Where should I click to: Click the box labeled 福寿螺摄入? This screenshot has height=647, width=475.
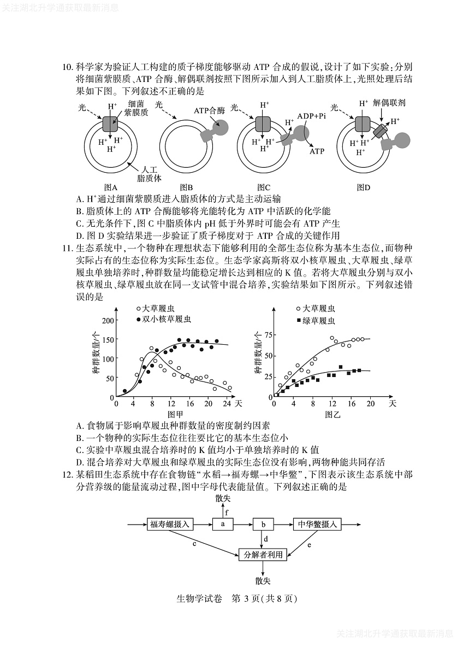pos(170,524)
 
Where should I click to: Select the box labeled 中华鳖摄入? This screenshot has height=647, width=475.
pos(317,524)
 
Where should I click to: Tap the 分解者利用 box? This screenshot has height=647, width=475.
pos(263,554)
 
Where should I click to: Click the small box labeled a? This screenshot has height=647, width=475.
pos(223,524)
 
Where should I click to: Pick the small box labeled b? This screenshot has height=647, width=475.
pos(263,524)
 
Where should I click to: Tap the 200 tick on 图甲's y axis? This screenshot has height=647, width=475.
pos(108,321)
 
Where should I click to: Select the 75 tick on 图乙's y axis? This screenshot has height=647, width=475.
pos(268,334)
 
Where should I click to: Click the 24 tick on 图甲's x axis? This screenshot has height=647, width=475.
pos(226,403)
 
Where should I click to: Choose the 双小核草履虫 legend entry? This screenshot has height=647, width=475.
pos(167,319)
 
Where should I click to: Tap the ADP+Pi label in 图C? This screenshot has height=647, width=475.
pos(312,116)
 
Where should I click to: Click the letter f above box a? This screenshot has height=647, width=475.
pos(227,512)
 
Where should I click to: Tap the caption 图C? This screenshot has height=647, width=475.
pos(264,187)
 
